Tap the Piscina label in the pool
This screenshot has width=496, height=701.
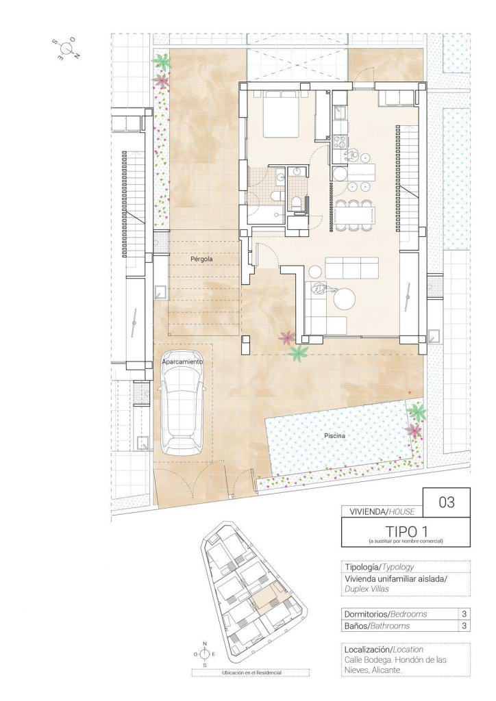tap(335, 435)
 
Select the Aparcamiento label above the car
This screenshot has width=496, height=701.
tap(182, 361)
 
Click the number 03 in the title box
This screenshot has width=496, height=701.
tap(447, 502)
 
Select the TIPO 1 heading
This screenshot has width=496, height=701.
tap(406, 531)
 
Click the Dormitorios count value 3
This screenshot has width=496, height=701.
tap(464, 614)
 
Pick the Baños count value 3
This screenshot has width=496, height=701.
tap(464, 626)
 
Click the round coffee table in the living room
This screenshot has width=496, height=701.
tap(345, 298)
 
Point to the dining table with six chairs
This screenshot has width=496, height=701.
tap(355, 216)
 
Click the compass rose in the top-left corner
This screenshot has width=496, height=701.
tap(66, 49)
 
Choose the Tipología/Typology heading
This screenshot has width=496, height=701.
tap(380, 566)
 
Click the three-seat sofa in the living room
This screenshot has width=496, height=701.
tap(351, 268)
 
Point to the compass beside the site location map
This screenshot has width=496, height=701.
tap(204, 654)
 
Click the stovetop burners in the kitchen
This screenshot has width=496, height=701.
tap(340, 142)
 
